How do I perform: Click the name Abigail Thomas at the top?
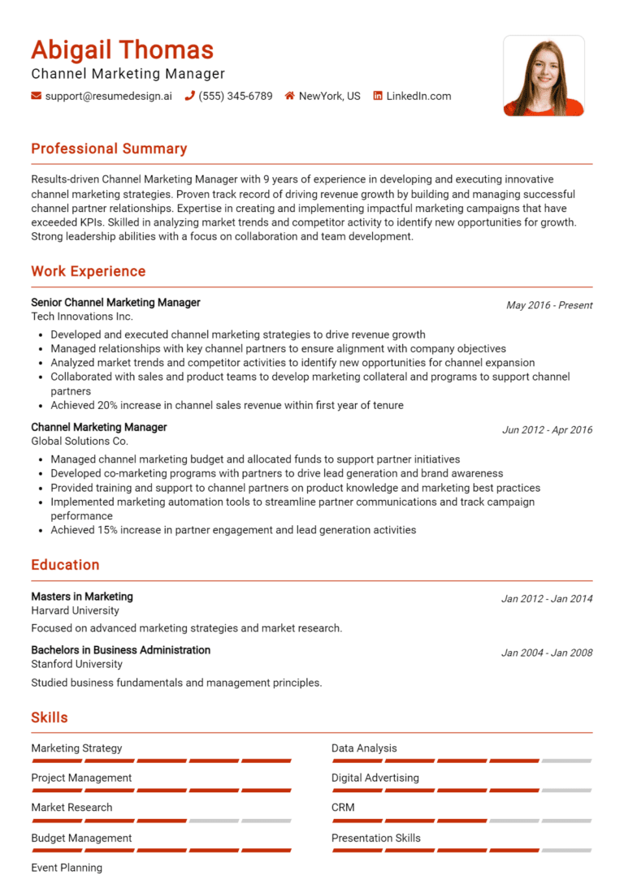[122, 50]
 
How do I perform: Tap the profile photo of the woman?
[544, 75]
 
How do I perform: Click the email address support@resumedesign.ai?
[108, 96]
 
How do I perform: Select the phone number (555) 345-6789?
[236, 96]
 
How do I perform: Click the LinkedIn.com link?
[418, 96]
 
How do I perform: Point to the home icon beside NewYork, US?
[289, 96]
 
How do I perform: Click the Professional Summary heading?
[109, 149]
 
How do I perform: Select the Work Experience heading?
[89, 271]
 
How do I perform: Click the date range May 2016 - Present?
[549, 305]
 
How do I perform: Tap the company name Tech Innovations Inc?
[82, 317]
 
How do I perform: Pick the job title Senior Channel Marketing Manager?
[115, 302]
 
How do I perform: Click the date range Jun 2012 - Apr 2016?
[547, 430]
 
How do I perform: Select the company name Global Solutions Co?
[80, 442]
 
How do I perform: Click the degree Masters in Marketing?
[82, 597]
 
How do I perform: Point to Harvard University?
[75, 610]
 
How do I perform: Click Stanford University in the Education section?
[76, 664]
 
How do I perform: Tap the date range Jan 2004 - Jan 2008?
[547, 653]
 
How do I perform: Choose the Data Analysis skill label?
[364, 748]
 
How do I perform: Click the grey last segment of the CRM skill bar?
[566, 821]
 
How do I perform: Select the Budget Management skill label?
[81, 838]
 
